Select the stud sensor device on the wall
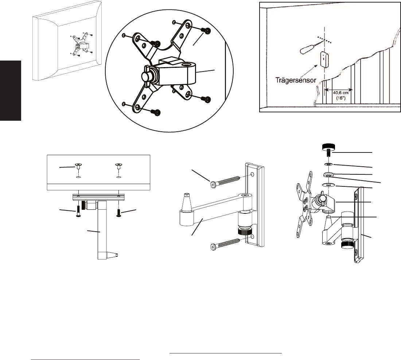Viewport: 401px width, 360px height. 324,59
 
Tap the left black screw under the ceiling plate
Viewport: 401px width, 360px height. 78,212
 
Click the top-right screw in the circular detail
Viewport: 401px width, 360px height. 206,31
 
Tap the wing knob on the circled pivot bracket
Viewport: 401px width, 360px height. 147,76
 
